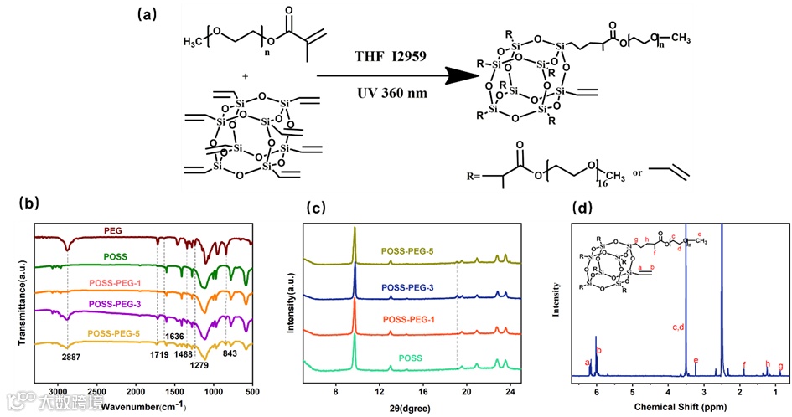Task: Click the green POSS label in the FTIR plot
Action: point(116,256)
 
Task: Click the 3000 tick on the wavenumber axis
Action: point(57,391)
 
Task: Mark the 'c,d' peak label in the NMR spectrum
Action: point(680,327)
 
